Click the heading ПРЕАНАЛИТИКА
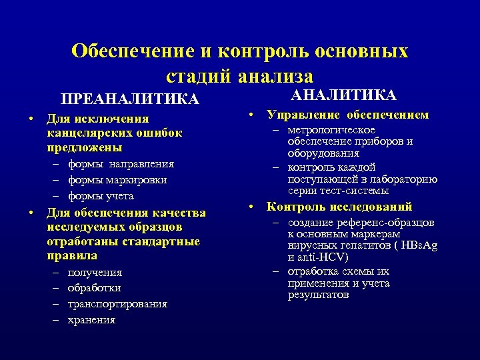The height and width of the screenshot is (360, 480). tap(130, 99)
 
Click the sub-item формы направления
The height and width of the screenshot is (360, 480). tap(121, 164)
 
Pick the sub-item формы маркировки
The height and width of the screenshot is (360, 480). tap(117, 180)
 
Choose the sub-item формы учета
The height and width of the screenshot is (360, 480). tap(101, 196)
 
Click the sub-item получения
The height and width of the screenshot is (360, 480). tap(95, 272)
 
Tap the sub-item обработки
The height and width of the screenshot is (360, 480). tap(94, 288)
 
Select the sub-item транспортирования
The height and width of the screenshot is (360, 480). tap(117, 304)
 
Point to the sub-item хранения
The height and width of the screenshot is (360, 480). tap(91, 320)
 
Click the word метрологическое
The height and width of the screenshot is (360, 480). tap(331, 130)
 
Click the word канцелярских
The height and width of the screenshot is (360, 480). tap(85, 133)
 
